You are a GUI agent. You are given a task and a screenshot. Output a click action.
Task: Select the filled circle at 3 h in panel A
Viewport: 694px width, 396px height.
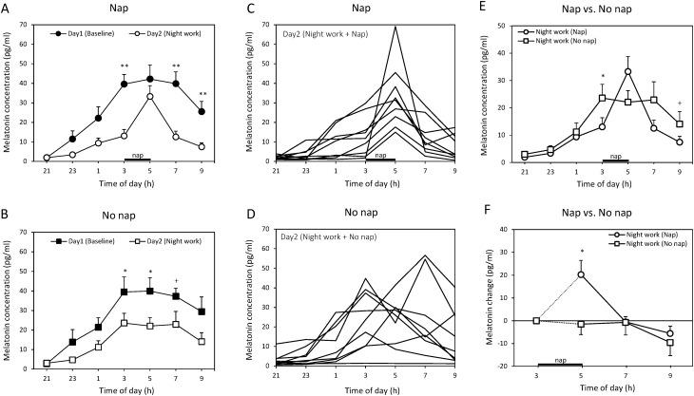[125, 84]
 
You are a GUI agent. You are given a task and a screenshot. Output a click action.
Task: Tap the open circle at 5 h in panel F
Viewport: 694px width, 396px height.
[581, 274]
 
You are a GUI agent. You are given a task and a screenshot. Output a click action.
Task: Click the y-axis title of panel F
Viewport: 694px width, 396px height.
[481, 297]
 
